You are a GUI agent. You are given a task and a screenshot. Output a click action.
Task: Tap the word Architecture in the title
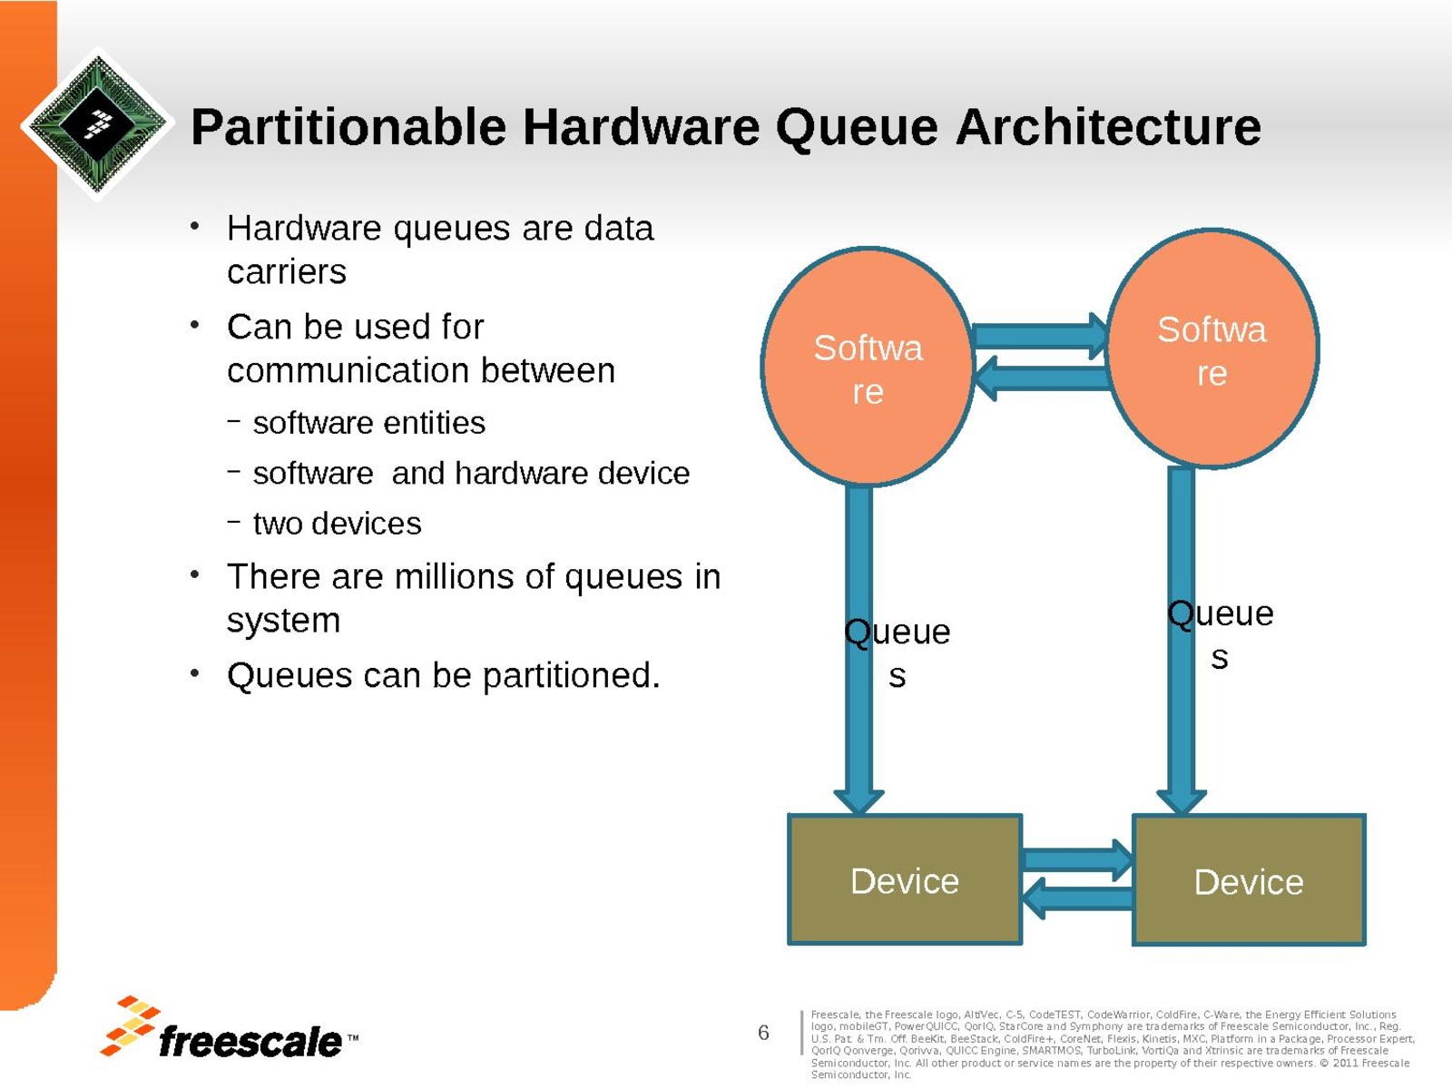click(x=1108, y=127)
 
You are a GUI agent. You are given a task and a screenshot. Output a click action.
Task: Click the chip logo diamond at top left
click(x=97, y=123)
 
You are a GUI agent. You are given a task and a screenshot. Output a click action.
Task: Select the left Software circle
click(x=868, y=368)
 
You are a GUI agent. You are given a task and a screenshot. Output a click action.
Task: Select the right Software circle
click(x=1212, y=350)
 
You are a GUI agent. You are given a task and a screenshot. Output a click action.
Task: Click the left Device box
click(x=905, y=880)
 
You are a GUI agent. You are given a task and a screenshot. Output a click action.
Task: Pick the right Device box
click(x=1249, y=881)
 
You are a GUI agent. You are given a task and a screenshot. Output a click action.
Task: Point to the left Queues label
click(x=897, y=652)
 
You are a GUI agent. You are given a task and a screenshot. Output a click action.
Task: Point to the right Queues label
click(x=1220, y=633)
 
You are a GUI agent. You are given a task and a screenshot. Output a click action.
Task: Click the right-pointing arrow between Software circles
click(x=1041, y=336)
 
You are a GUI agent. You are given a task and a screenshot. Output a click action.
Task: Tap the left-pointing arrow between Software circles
click(x=1039, y=377)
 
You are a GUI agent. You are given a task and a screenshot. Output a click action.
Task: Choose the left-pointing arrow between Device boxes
click(x=1076, y=899)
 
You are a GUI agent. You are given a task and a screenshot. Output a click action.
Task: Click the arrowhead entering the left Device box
click(x=858, y=800)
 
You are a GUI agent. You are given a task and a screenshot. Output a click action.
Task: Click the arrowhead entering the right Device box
click(x=1181, y=800)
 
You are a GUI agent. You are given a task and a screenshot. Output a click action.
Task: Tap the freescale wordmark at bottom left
click(x=250, y=1041)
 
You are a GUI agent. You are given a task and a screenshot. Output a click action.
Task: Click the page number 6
click(x=763, y=1032)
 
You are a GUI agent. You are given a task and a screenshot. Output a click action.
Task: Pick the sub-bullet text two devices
click(x=337, y=524)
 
